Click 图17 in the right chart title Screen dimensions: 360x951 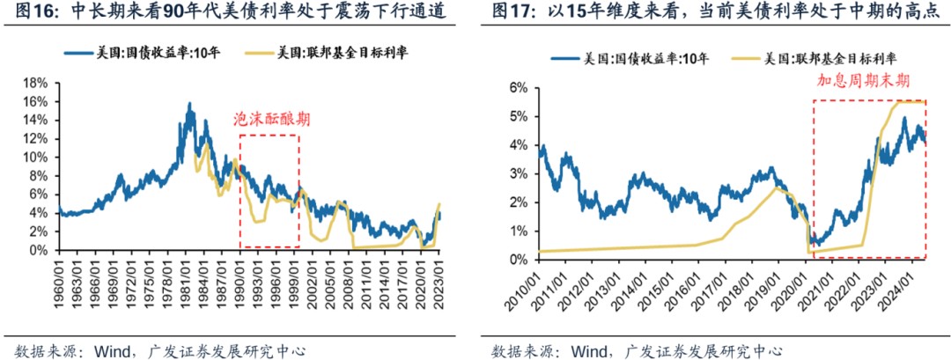(x=510, y=13)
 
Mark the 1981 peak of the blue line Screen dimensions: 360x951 (x=189, y=104)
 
